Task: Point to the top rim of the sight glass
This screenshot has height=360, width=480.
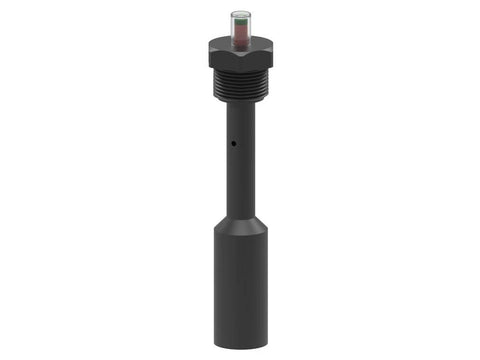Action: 240,12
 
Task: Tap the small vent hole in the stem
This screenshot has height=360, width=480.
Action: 232,143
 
